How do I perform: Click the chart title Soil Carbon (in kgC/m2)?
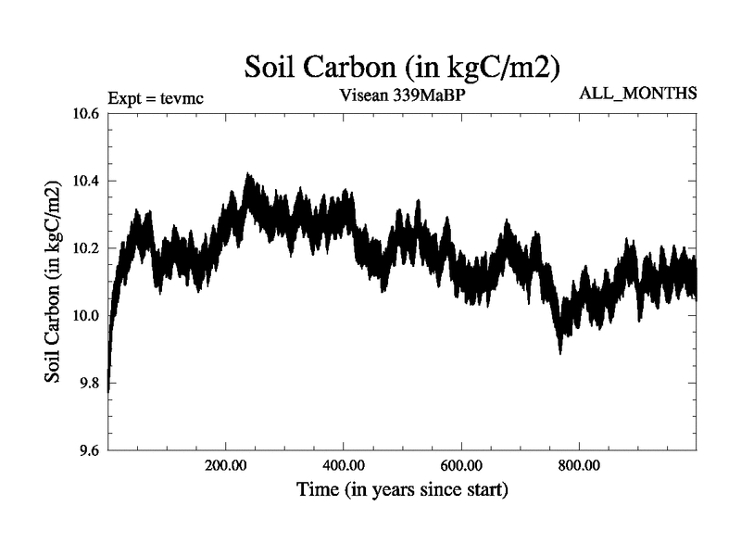tap(402, 67)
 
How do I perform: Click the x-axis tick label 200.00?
tap(226, 465)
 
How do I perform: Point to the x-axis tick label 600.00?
tap(461, 465)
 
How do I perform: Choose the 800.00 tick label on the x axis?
tap(579, 465)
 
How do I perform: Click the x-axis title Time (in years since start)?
tap(402, 488)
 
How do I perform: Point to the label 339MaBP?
tap(432, 94)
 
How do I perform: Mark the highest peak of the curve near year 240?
tap(247, 174)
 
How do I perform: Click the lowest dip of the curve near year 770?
tap(560, 352)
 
